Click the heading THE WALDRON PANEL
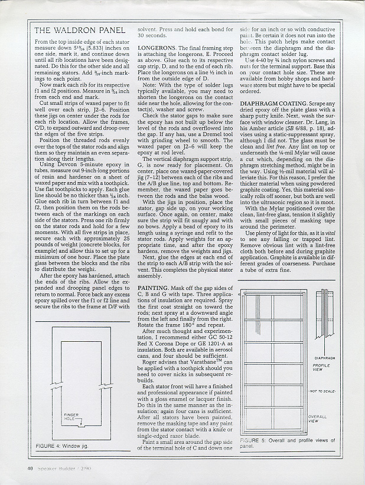click(80, 30)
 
